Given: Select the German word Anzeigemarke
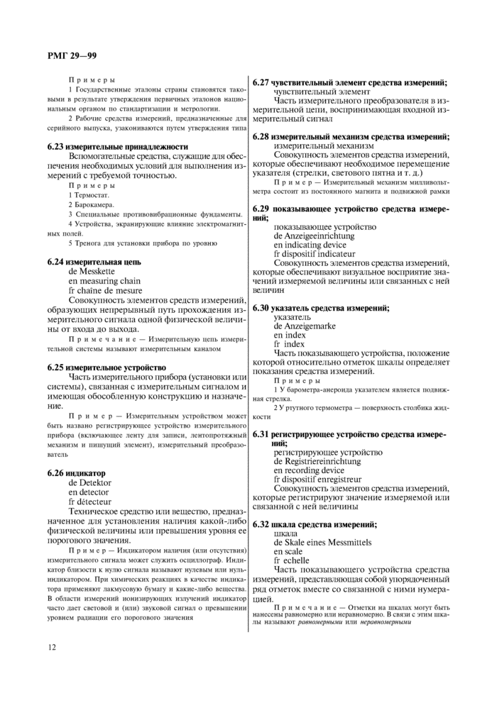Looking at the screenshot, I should (x=305, y=326).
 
